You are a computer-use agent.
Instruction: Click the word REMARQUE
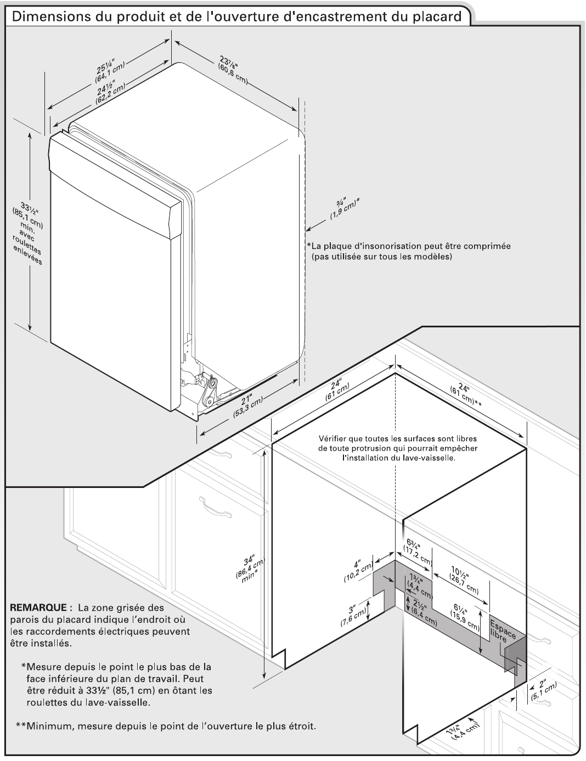pyautogui.click(x=38, y=607)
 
